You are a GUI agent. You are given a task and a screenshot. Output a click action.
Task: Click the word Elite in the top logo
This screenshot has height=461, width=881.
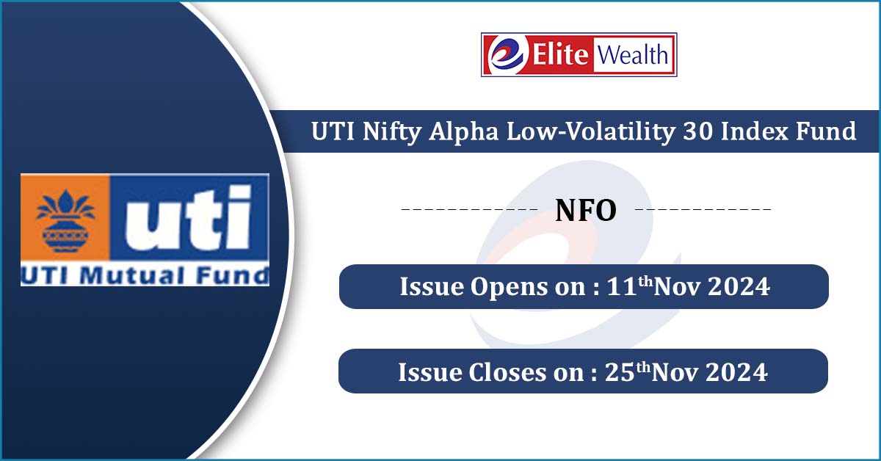click(x=560, y=54)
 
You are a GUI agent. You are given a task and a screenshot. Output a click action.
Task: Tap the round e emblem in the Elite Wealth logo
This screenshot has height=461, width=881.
click(x=507, y=54)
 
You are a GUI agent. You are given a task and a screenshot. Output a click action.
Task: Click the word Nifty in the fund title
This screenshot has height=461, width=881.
click(x=392, y=132)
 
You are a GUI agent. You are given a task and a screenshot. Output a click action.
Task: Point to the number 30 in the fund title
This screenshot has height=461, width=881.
click(x=698, y=131)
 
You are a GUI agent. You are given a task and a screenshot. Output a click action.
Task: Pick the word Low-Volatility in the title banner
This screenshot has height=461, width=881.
click(x=591, y=132)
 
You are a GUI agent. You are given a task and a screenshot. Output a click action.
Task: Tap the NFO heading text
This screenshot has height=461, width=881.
click(x=586, y=211)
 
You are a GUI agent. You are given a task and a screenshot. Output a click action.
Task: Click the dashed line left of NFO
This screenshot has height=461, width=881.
click(x=469, y=209)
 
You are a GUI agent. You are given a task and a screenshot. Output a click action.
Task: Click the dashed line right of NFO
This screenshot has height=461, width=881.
click(x=703, y=209)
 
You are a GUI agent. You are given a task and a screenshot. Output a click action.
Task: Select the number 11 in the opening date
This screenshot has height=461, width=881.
click(x=622, y=286)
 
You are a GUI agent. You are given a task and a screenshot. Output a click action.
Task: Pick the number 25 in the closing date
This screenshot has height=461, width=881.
click(x=620, y=372)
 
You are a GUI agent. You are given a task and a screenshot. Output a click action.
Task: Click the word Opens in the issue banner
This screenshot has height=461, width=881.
click(x=508, y=288)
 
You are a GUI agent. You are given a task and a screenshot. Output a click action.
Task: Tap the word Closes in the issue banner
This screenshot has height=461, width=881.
click(x=507, y=372)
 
